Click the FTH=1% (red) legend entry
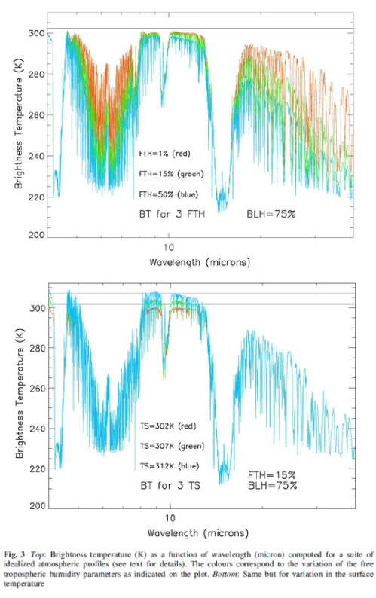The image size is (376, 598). pyautogui.click(x=165, y=154)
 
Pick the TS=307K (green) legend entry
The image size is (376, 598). pyautogui.click(x=172, y=445)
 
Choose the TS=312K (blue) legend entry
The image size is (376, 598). pyautogui.click(x=170, y=465)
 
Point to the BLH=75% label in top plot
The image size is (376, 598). pyautogui.click(x=271, y=215)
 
